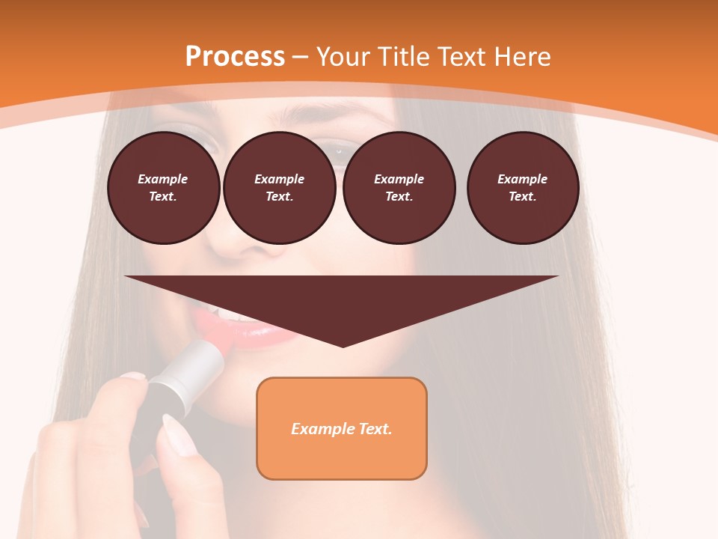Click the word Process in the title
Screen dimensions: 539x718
(235, 57)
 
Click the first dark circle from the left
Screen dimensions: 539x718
(164, 188)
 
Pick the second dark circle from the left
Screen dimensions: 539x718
(280, 188)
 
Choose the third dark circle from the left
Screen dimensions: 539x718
(399, 188)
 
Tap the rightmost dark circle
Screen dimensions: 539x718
(523, 188)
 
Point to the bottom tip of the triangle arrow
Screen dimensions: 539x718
(343, 345)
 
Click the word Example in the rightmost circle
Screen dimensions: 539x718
(523, 179)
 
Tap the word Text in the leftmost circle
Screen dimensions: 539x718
(162, 197)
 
